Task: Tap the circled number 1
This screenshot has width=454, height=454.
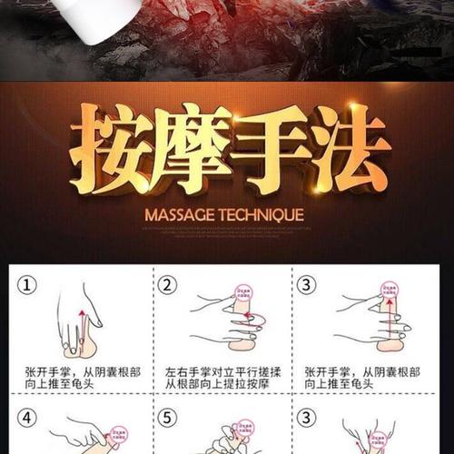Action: [x=30, y=284]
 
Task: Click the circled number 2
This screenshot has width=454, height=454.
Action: [x=167, y=284]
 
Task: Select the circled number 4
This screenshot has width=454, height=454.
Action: [x=30, y=419]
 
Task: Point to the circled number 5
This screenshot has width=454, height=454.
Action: [x=167, y=419]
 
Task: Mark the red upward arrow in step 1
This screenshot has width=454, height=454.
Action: [x=78, y=323]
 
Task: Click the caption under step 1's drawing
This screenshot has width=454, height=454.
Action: [x=77, y=380]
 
